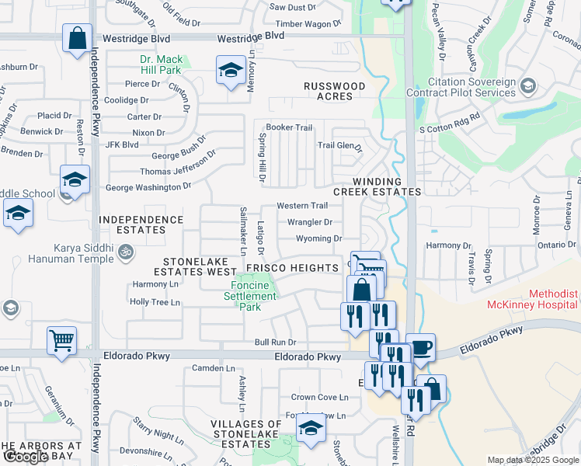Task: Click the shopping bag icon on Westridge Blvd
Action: pyautogui.click(x=78, y=38)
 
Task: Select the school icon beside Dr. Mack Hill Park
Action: pyautogui.click(x=231, y=71)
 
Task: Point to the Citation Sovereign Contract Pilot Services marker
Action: pyautogui.click(x=530, y=85)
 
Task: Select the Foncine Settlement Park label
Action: pyautogui.click(x=249, y=296)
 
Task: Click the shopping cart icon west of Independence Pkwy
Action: pyautogui.click(x=61, y=339)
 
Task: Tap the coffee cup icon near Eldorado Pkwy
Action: pyautogui.click(x=420, y=346)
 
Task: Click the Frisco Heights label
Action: pyautogui.click(x=292, y=268)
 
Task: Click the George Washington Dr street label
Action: pyautogui.click(x=148, y=187)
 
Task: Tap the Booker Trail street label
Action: pyautogui.click(x=289, y=127)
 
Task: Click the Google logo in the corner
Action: pyautogui.click(x=25, y=457)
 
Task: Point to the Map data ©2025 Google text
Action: pyautogui.click(x=534, y=460)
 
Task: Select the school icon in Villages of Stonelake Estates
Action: pyautogui.click(x=311, y=429)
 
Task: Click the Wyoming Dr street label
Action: pyautogui.click(x=318, y=238)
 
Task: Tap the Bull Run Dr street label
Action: pyautogui.click(x=276, y=342)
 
